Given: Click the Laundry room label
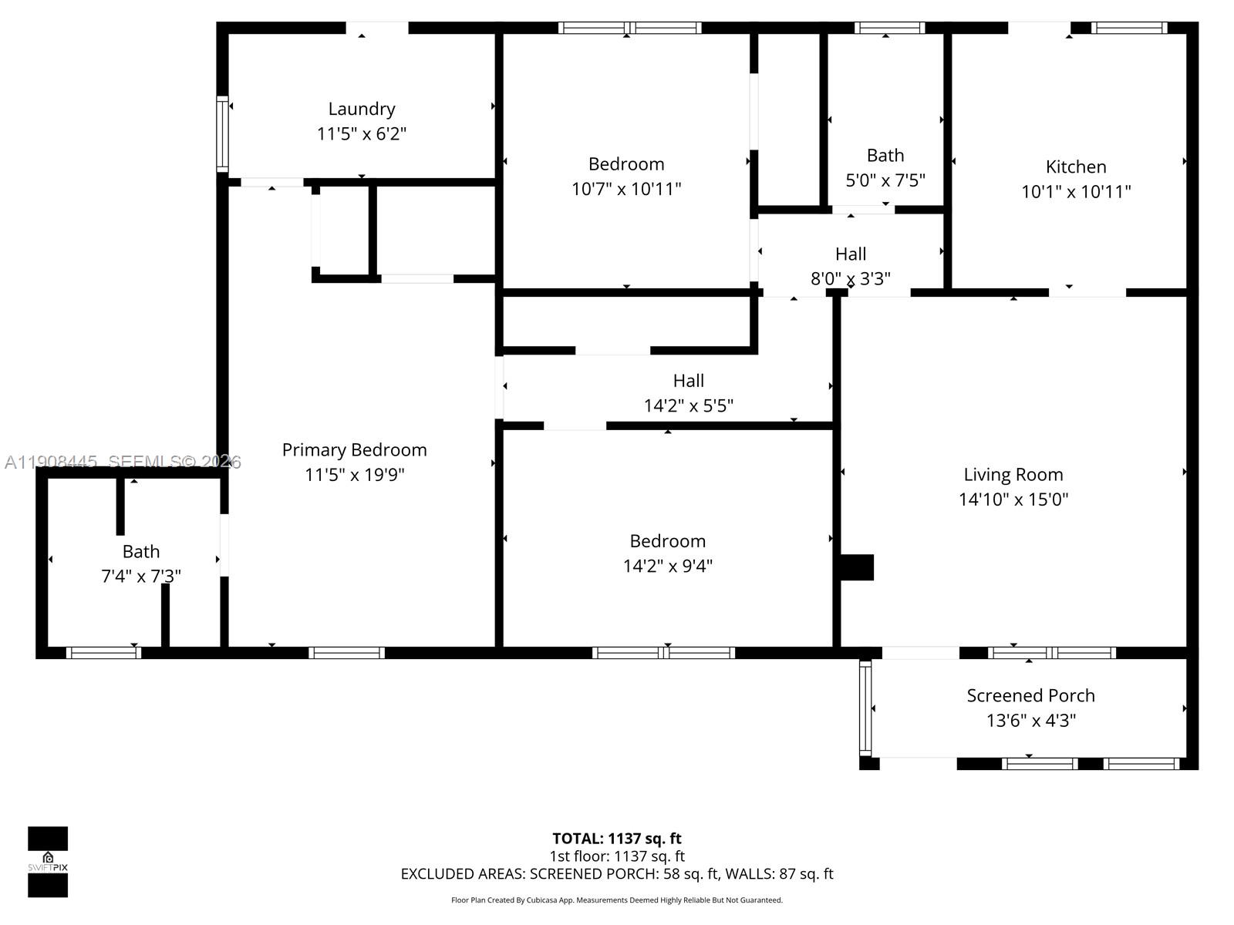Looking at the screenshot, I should click(362, 109).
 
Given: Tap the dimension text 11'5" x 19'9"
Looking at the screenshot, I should click(354, 475).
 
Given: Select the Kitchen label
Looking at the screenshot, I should click(1076, 166).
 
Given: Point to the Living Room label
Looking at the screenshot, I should click(1013, 475).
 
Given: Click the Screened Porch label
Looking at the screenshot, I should click(1030, 695).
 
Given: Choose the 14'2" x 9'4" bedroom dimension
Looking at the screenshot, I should click(667, 566).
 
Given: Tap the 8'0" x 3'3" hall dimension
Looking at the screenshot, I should click(850, 278).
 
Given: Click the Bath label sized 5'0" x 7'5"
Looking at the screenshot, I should click(885, 156).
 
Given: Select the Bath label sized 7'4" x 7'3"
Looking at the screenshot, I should click(141, 552).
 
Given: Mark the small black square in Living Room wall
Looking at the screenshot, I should click(856, 567).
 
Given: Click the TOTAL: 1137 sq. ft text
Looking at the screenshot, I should click(616, 839).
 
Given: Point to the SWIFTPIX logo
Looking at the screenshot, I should click(48, 862).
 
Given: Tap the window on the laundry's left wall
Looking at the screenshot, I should click(222, 133).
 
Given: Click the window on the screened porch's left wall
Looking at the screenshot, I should click(865, 708).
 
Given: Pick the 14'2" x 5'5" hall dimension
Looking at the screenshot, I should click(688, 405).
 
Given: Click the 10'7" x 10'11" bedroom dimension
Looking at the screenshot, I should click(625, 189).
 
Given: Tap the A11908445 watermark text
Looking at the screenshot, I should click(51, 462).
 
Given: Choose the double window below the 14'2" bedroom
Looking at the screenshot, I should click(663, 653).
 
